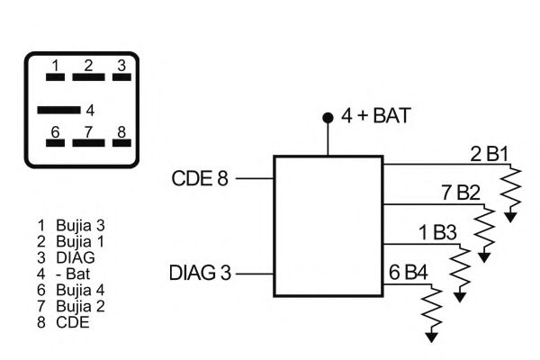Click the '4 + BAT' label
click(x=376, y=117)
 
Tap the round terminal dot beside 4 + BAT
click(x=328, y=118)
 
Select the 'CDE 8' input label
click(x=200, y=178)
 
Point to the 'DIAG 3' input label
click(x=199, y=273)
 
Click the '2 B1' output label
click(x=490, y=154)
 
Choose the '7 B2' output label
click(x=461, y=193)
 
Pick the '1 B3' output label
click(x=438, y=233)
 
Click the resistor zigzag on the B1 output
click(x=512, y=189)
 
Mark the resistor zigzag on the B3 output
click(x=461, y=269)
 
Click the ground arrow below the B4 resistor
click(x=432, y=336)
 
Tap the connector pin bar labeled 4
click(x=58, y=111)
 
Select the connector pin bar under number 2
click(x=88, y=77)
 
